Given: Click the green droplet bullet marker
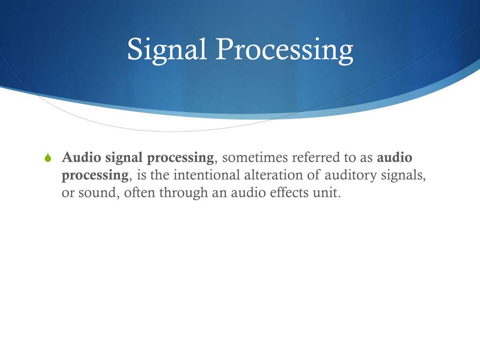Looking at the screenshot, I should [47, 158].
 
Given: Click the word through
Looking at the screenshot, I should [184, 193].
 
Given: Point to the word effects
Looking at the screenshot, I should [286, 193].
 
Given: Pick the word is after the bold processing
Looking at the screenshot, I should [142, 175].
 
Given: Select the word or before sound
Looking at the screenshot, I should [68, 193].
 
